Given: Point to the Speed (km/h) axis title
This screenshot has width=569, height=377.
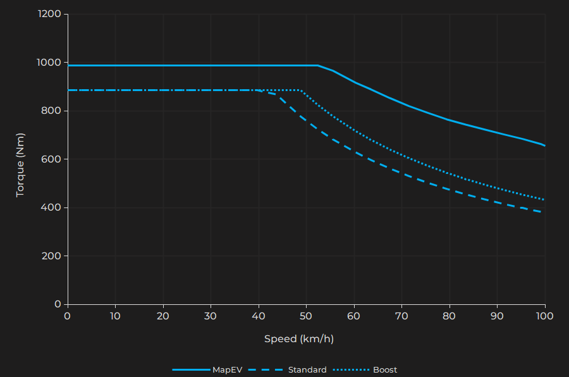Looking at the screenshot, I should click(298, 339).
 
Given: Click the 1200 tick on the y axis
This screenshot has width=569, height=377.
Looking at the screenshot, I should click(49, 14).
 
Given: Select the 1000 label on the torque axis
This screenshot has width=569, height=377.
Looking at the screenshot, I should click(49, 63).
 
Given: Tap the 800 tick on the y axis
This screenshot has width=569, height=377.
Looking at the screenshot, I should click(52, 111).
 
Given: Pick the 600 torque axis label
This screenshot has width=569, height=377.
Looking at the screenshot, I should click(52, 159).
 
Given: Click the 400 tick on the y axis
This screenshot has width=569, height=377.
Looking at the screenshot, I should click(52, 207).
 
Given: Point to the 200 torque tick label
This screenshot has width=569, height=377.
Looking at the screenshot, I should click(52, 256).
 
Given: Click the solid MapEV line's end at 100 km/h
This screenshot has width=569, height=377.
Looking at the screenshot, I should click(544, 145).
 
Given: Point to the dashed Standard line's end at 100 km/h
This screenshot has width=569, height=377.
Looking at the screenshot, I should click(542, 212).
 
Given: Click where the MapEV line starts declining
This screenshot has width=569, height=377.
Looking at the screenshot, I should click(318, 65).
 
